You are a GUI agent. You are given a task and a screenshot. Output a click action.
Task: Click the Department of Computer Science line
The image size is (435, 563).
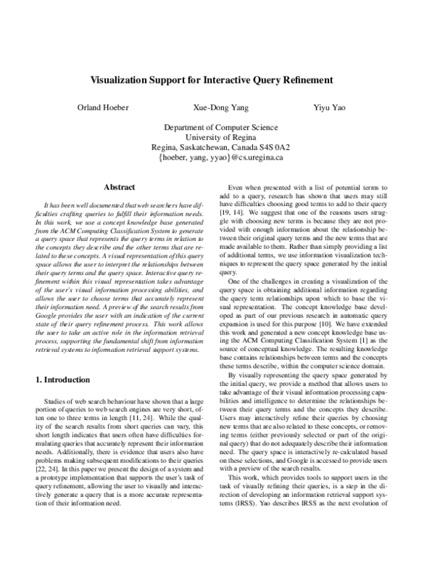(x=217, y=126)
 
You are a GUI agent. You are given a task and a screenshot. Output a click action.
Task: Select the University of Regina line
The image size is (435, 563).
(x=217, y=136)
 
